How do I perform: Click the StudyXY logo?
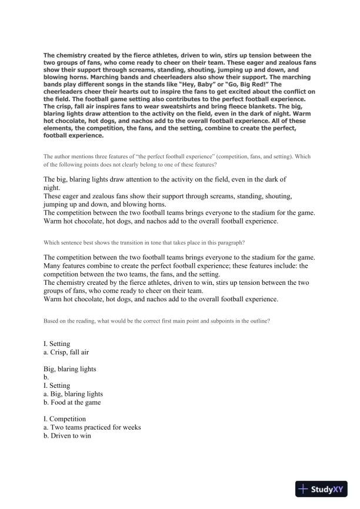coord(323,489)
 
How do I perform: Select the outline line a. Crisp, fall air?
coord(71,352)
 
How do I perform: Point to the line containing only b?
coord(46,377)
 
